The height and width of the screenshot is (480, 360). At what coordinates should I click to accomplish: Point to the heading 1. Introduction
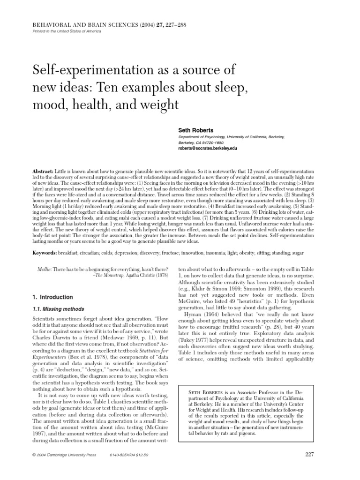[x=52, y=297]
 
